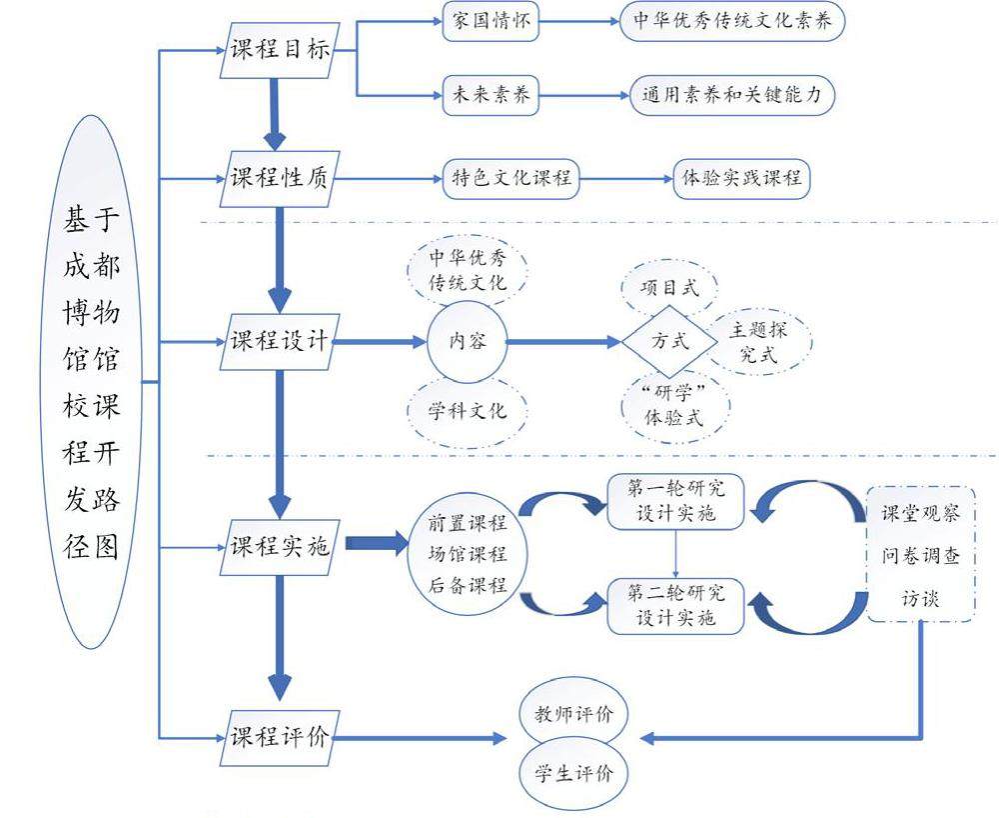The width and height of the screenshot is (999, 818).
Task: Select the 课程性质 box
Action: point(279,180)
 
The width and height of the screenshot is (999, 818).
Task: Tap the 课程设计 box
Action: point(279,341)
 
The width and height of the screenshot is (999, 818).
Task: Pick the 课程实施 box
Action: point(279,546)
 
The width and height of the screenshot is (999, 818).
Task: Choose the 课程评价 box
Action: point(279,738)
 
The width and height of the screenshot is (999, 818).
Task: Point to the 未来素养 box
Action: point(491,95)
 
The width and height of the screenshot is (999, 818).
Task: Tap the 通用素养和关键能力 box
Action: point(732,95)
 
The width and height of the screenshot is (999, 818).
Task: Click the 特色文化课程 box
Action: point(511,179)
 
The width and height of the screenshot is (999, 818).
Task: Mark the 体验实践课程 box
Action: point(740,179)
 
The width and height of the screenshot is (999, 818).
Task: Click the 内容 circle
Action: point(467,341)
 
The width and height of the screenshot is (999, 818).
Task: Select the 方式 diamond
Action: point(670,341)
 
